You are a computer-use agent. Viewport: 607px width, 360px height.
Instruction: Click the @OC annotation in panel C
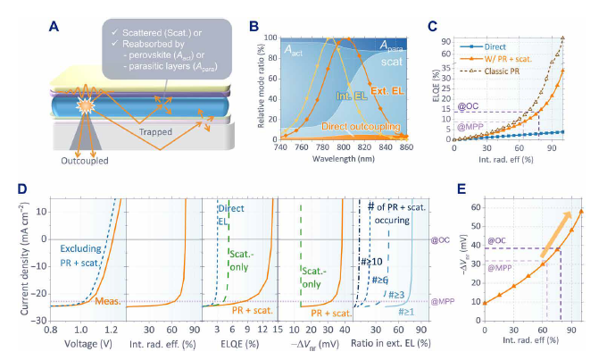coord(470,106)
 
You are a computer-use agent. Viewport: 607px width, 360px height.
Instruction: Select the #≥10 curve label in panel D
coord(370,261)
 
